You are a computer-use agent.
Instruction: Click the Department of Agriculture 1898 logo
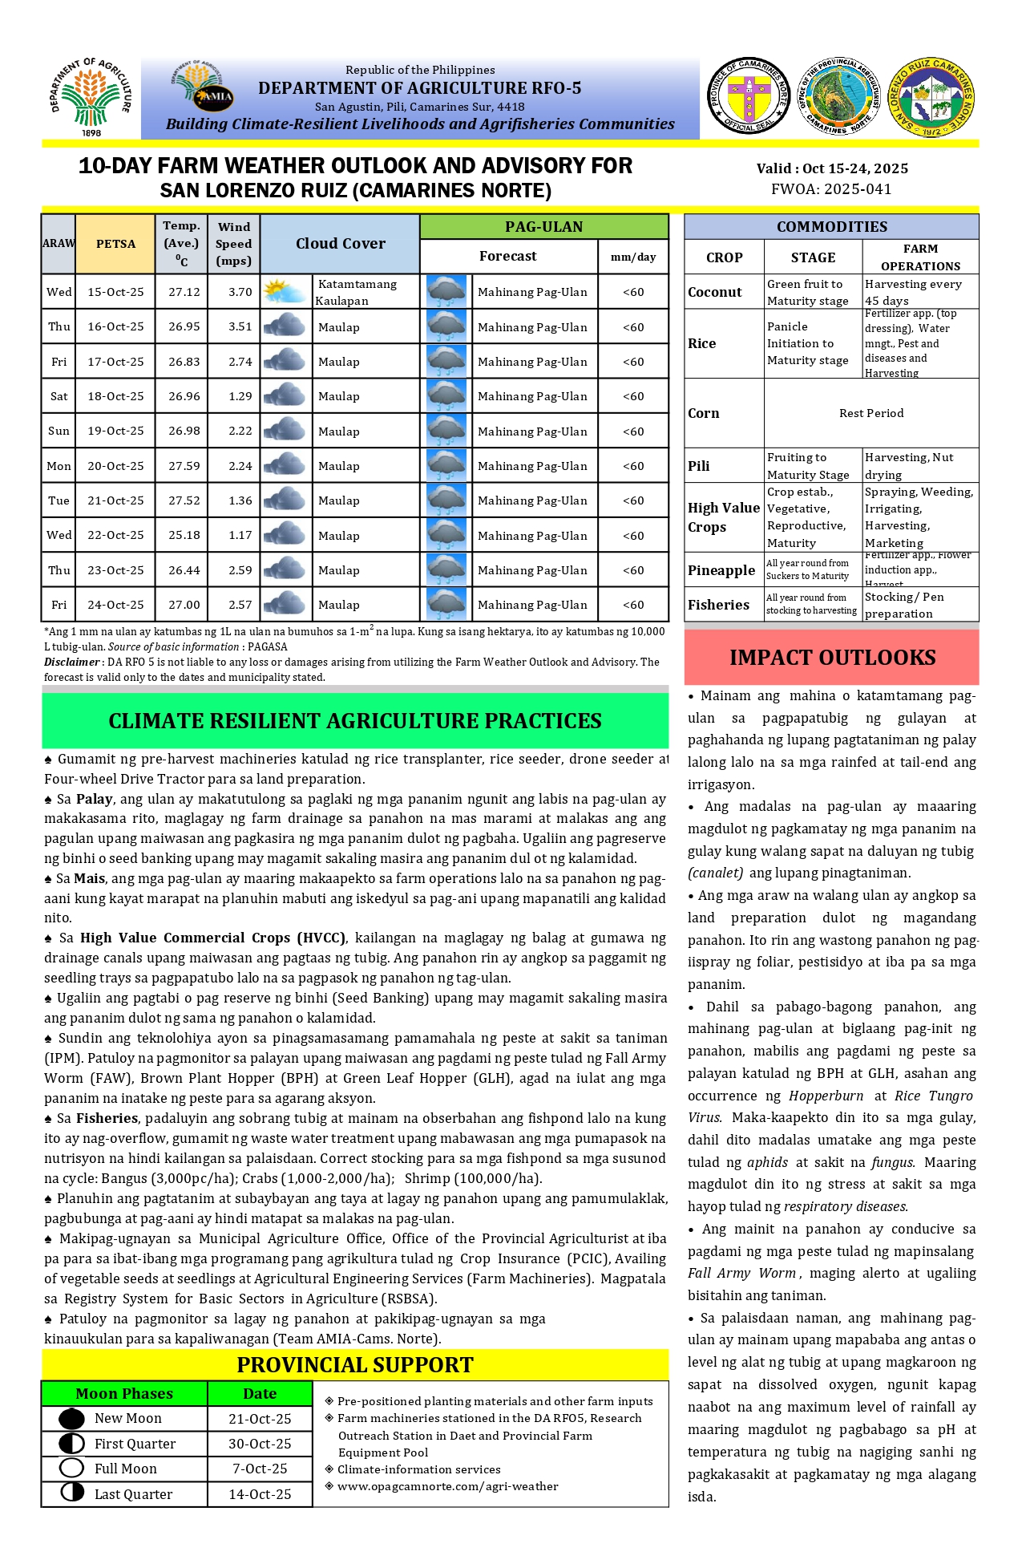click(91, 97)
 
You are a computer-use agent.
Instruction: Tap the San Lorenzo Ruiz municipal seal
click(931, 97)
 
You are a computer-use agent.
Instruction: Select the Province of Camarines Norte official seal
click(749, 96)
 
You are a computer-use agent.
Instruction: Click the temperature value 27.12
click(184, 292)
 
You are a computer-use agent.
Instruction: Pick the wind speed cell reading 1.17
click(240, 535)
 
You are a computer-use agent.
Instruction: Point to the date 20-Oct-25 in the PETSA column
click(115, 466)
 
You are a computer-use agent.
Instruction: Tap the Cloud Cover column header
click(340, 244)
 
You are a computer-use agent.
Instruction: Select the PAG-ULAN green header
click(543, 227)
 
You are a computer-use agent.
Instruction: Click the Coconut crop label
click(715, 292)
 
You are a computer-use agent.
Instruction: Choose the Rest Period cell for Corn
click(871, 413)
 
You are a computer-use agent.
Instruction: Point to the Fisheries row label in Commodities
click(718, 605)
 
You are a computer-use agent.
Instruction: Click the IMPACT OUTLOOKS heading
click(832, 658)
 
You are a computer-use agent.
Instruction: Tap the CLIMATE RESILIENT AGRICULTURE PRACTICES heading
click(355, 721)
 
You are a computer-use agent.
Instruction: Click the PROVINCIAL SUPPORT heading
click(355, 1365)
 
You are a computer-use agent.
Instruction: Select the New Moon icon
click(72, 1419)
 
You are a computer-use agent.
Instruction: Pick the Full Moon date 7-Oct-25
click(260, 1469)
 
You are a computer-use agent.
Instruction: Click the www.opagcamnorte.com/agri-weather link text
click(447, 1486)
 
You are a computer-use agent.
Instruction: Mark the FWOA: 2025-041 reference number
click(831, 189)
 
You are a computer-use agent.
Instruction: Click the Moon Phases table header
click(124, 1394)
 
